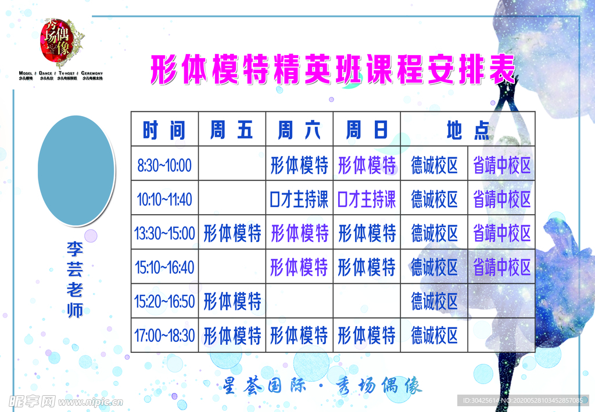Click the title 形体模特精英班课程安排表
pyautogui.click(x=333, y=71)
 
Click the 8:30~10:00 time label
pyautogui.click(x=164, y=165)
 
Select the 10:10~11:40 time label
pyautogui.click(x=164, y=200)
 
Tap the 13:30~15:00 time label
pyautogui.click(x=164, y=234)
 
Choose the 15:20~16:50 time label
pyautogui.click(x=164, y=302)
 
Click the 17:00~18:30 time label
pyautogui.click(x=164, y=335)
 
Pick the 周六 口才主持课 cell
pyautogui.click(x=299, y=200)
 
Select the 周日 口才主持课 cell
pyautogui.click(x=367, y=200)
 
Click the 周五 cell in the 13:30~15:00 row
pyautogui.click(x=232, y=234)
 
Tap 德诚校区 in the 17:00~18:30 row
pyautogui.click(x=435, y=335)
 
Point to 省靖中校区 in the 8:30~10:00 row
pyautogui.click(x=501, y=165)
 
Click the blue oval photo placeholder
pyautogui.click(x=76, y=170)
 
